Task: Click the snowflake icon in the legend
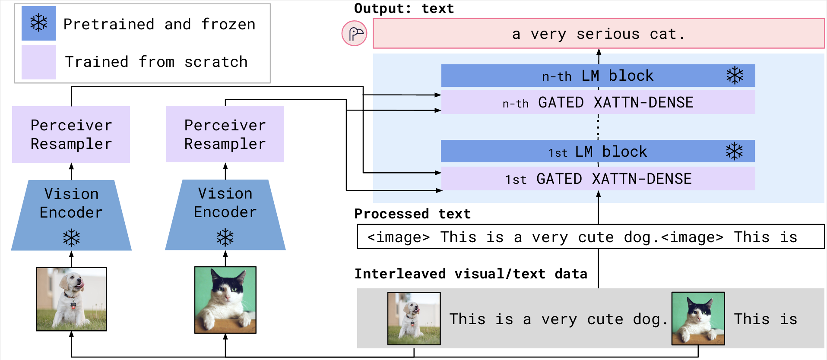click(x=38, y=23)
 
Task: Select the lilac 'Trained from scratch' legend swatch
click(x=38, y=62)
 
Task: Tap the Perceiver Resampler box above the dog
click(x=71, y=134)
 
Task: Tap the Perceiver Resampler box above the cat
click(x=225, y=134)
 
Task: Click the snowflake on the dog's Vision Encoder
click(x=71, y=238)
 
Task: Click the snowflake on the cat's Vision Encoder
click(x=225, y=237)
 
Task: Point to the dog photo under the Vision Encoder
click(x=71, y=299)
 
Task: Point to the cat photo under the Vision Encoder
click(x=225, y=300)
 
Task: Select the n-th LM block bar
click(x=598, y=76)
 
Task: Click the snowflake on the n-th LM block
click(x=735, y=76)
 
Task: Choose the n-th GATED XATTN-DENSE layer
click(x=598, y=102)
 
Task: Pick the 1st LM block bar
click(x=598, y=152)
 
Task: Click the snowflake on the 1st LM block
click(x=734, y=152)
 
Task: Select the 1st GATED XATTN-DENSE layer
click(x=598, y=179)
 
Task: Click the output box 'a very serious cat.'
click(x=599, y=33)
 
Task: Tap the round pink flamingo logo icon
click(x=355, y=33)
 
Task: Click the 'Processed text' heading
click(x=412, y=214)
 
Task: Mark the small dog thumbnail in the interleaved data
click(x=414, y=319)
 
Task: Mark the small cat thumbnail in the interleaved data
click(x=698, y=319)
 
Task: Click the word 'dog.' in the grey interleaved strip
click(x=650, y=319)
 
